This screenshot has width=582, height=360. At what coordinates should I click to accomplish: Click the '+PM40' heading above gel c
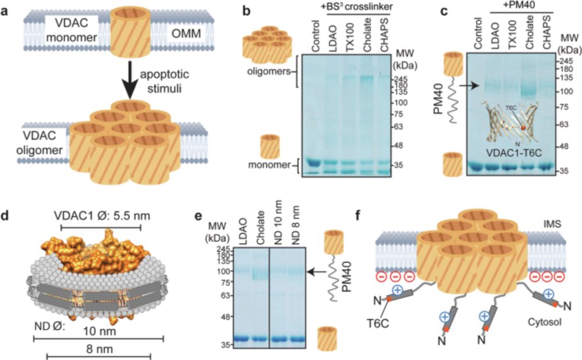522,9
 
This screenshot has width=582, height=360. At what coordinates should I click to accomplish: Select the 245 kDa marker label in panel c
565,60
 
